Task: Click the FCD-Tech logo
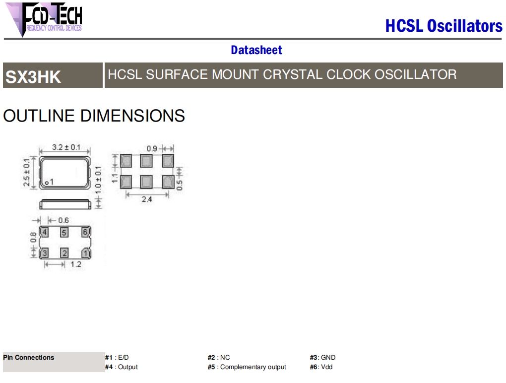pyautogui.click(x=44, y=19)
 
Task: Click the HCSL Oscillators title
pyautogui.click(x=443, y=26)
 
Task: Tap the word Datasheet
pyautogui.click(x=256, y=50)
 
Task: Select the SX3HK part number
pyautogui.click(x=33, y=77)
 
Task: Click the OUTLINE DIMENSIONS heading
pyautogui.click(x=94, y=116)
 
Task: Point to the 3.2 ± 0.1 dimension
pyautogui.click(x=66, y=147)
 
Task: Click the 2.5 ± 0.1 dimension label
pyautogui.click(x=26, y=172)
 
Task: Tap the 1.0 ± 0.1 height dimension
pyautogui.click(x=98, y=180)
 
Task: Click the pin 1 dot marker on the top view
pyautogui.click(x=47, y=183)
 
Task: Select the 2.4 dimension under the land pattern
pyautogui.click(x=147, y=199)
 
